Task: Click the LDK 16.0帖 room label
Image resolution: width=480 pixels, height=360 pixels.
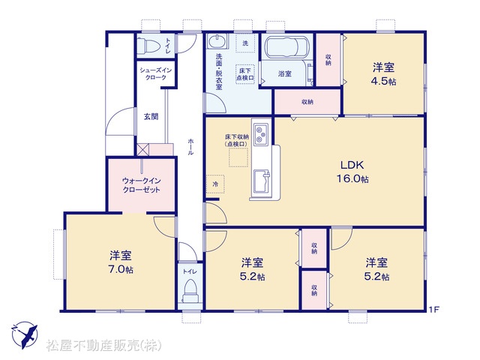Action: click(352, 172)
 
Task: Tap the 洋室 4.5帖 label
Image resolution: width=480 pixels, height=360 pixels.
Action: click(383, 74)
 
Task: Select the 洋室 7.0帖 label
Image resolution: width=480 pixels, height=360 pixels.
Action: click(121, 262)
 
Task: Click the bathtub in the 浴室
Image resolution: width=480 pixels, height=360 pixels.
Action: click(286, 47)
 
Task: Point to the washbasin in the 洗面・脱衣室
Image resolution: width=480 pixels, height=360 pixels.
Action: click(217, 41)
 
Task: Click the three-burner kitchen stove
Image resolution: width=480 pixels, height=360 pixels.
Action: click(261, 133)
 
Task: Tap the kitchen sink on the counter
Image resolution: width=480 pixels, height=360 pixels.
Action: click(261, 181)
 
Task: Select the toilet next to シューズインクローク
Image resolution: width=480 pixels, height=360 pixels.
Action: click(148, 45)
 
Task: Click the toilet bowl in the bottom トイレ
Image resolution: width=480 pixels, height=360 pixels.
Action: click(190, 292)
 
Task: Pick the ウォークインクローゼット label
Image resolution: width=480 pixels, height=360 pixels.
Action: click(142, 185)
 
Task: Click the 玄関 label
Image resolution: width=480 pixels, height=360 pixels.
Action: click(151, 117)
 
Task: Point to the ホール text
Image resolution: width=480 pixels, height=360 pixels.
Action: click(190, 147)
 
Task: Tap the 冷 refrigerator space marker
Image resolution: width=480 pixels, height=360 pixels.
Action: click(215, 184)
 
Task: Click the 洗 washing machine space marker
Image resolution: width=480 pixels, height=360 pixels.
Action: click(245, 43)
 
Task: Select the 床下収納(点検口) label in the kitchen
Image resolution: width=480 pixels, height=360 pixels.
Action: click(237, 140)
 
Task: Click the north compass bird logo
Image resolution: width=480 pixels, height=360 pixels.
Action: click(25, 335)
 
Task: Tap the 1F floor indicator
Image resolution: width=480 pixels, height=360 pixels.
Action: click(433, 310)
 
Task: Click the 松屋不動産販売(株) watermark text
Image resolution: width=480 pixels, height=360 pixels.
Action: click(103, 346)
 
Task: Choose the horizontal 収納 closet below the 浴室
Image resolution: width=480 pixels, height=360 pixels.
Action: click(307, 102)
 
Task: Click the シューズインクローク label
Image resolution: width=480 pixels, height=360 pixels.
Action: click(156, 73)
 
